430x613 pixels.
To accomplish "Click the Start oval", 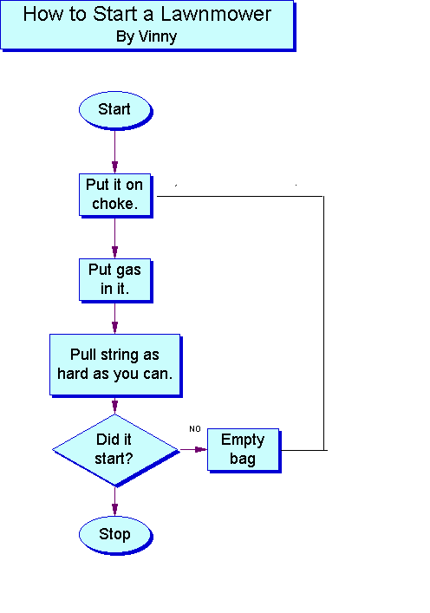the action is (115, 110).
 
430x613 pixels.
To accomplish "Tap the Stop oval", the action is (115, 534).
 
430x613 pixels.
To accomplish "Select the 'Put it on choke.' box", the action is (115, 195).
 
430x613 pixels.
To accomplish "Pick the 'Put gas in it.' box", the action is (115, 280).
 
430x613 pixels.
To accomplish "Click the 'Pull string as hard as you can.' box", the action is (115, 365).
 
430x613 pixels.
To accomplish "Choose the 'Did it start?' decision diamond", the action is (115, 450).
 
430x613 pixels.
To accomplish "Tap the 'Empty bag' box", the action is (244, 450).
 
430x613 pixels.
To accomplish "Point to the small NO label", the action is (195, 429).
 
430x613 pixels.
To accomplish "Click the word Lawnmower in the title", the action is (216, 15).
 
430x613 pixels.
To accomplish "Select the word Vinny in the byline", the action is (158, 36).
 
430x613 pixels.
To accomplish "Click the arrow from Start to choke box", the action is (115, 152).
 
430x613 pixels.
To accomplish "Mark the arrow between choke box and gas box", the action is (115, 238).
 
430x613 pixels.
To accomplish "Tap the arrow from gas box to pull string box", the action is (115, 318).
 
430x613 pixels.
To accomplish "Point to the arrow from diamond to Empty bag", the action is (193, 450).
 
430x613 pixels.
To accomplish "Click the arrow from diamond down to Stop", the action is (115, 501).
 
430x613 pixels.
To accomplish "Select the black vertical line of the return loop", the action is (323, 323).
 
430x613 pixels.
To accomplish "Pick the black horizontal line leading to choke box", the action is (240, 196).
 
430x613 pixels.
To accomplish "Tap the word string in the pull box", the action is (120, 355).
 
